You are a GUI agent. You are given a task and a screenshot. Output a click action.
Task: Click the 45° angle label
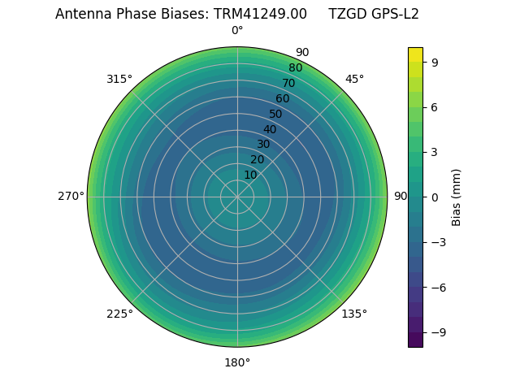pyautogui.click(x=354, y=79)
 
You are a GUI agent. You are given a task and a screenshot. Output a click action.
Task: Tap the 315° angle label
pyautogui.click(x=119, y=79)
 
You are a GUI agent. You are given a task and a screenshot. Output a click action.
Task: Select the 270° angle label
pyautogui.click(x=71, y=197)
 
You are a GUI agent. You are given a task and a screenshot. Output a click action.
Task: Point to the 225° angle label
pyautogui.click(x=119, y=314)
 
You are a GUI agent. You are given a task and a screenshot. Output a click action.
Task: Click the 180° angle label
pyautogui.click(x=237, y=362)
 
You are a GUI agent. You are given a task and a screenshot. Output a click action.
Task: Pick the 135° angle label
pyautogui.click(x=354, y=314)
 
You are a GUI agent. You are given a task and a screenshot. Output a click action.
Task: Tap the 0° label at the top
pyautogui.click(x=237, y=31)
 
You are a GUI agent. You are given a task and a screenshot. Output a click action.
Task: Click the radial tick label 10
pyautogui.click(x=250, y=175)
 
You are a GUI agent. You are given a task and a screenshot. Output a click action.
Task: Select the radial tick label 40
pyautogui.click(x=270, y=129)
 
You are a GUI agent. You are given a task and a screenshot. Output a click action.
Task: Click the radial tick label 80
pyautogui.click(x=296, y=67)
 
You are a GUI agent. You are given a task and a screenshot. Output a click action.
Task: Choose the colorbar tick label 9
pyautogui.click(x=435, y=62)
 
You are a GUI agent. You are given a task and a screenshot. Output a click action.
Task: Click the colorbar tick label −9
pyautogui.click(x=438, y=332)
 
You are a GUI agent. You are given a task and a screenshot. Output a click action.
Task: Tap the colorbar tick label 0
pyautogui.click(x=435, y=197)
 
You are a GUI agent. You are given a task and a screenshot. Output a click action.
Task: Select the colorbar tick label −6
pyautogui.click(x=438, y=288)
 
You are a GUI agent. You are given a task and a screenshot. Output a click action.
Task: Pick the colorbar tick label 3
pyautogui.click(x=435, y=152)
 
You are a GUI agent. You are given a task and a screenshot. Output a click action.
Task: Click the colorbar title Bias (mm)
pyautogui.click(x=457, y=197)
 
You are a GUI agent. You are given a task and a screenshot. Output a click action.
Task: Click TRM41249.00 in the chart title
pyautogui.click(x=260, y=14)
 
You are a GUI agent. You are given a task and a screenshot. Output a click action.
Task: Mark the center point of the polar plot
pyautogui.click(x=237, y=197)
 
